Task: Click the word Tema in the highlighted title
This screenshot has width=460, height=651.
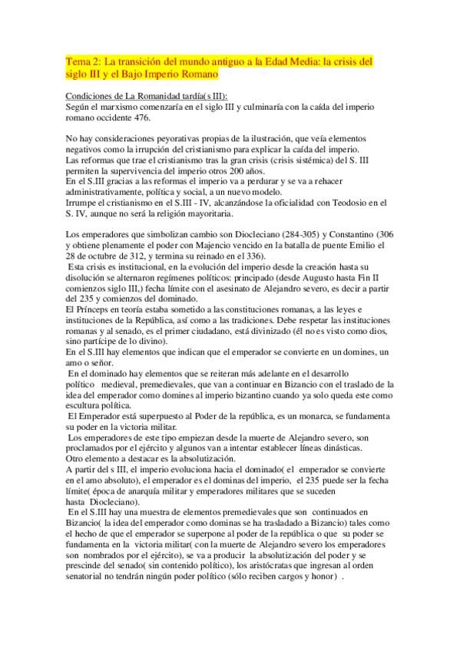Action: (78, 61)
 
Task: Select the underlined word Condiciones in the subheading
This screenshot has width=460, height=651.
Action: (90, 95)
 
